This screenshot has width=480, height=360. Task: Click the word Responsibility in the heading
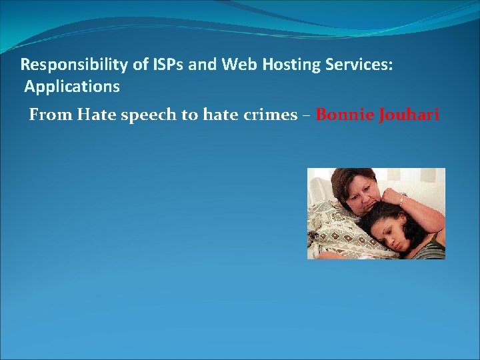[x=65, y=65]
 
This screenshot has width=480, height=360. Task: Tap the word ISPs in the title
[x=146, y=65]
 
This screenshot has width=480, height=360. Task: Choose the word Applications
[x=73, y=87]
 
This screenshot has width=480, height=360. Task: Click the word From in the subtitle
[x=50, y=115]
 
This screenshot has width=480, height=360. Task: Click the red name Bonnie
[x=345, y=115]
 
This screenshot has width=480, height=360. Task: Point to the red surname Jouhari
[x=409, y=115]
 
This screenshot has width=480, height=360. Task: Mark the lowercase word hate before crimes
[x=217, y=115]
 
